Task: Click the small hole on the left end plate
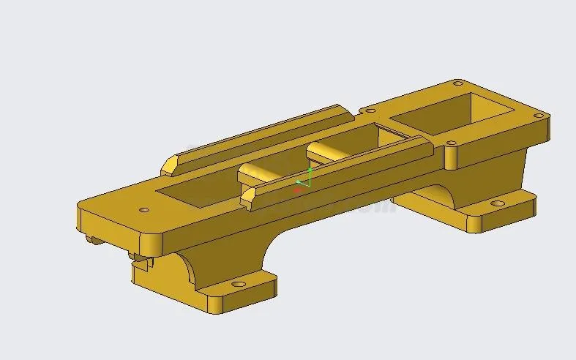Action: [x=144, y=210]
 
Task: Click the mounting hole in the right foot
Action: [x=498, y=203]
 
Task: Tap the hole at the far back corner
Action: [x=458, y=83]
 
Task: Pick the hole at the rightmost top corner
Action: [x=539, y=115]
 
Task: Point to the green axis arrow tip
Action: [x=310, y=170]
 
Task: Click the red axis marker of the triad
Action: [x=298, y=190]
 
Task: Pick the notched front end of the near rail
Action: [x=249, y=198]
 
